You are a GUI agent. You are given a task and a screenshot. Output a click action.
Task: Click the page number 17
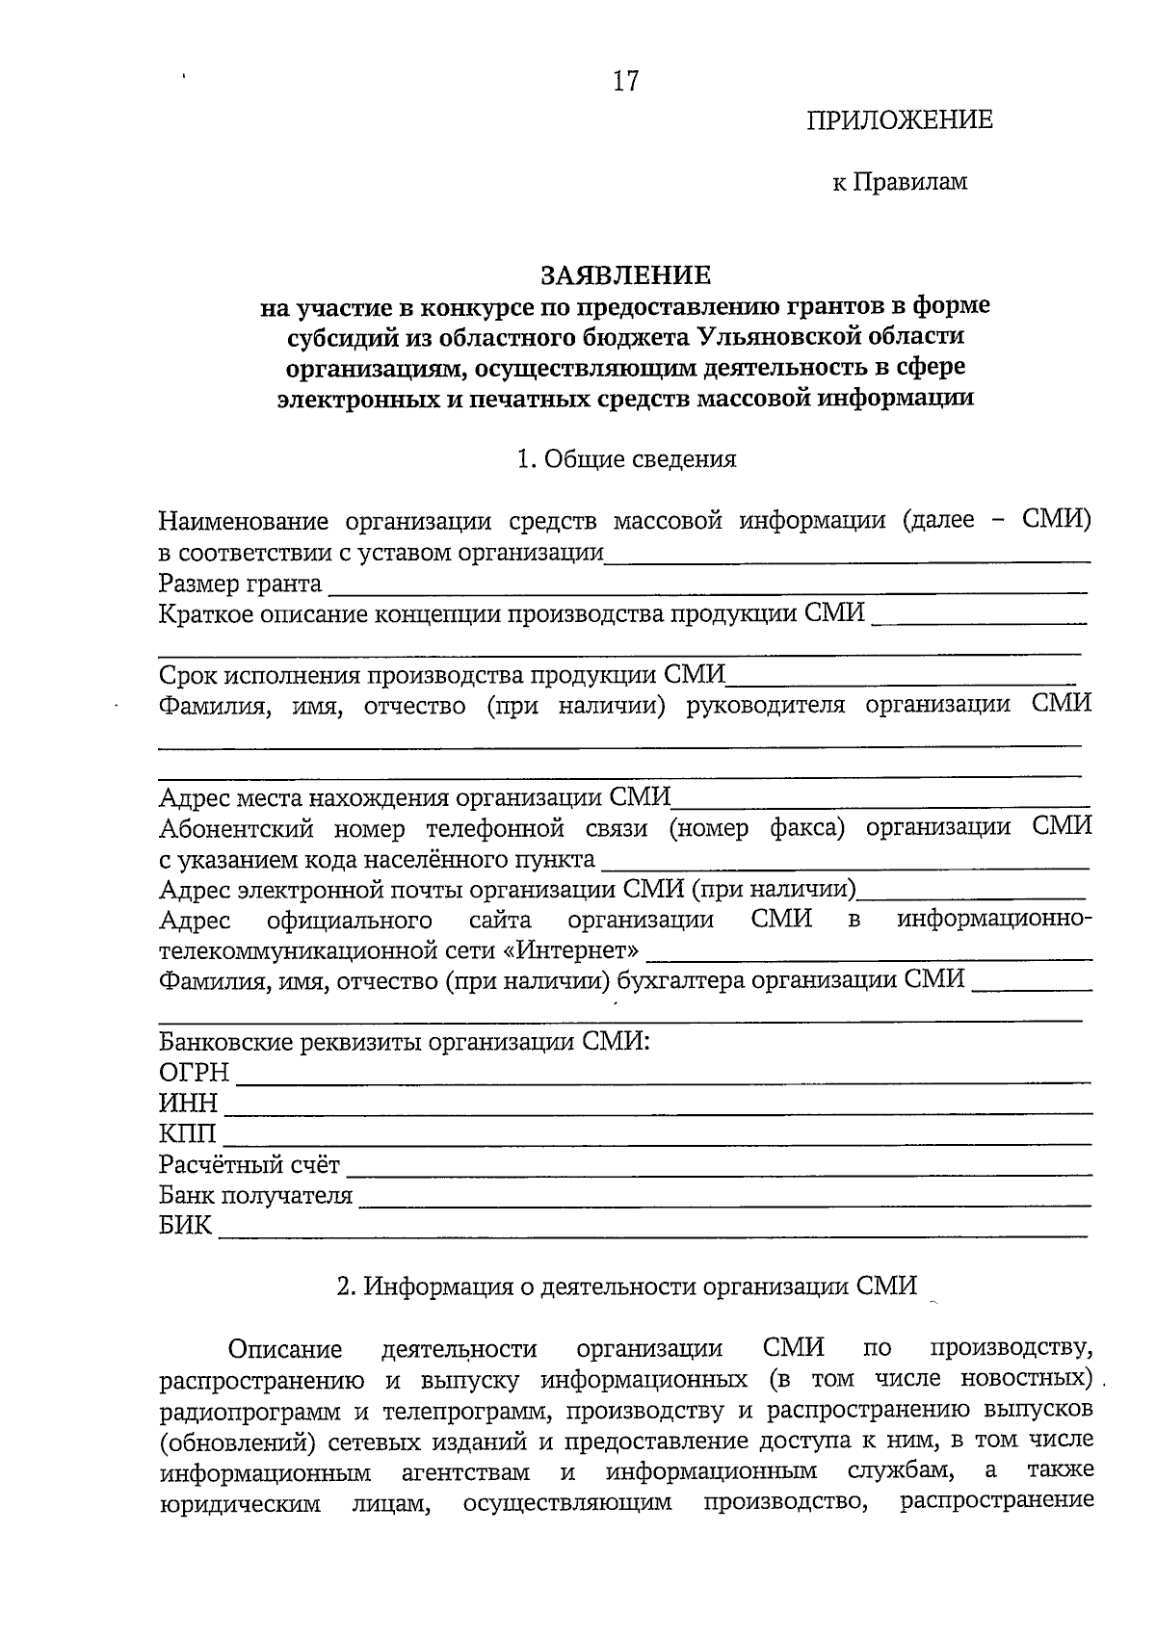point(625,82)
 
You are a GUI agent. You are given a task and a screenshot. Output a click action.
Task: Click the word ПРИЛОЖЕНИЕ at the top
point(899,120)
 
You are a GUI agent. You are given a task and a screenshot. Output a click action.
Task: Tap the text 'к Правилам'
point(899,182)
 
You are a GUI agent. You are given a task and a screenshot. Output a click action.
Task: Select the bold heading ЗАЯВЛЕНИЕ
point(625,275)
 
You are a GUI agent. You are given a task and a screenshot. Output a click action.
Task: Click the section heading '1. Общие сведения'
point(626,459)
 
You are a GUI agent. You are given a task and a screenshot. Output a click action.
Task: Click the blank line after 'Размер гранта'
point(703,588)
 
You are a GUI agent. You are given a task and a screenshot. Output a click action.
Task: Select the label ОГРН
point(194,1073)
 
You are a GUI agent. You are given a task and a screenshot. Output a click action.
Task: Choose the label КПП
point(188,1134)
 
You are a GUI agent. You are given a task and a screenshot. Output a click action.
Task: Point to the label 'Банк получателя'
point(255,1196)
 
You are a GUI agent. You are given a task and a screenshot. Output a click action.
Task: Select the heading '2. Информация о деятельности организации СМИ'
point(626,1286)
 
